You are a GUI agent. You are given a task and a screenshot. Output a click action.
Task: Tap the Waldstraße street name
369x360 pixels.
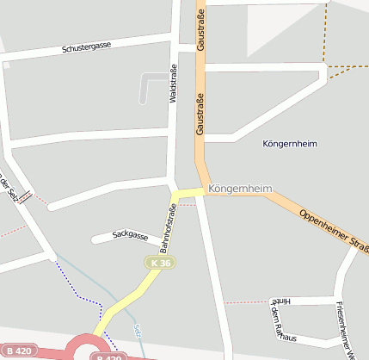(174, 84)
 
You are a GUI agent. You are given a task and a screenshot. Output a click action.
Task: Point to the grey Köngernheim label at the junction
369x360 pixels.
(241, 188)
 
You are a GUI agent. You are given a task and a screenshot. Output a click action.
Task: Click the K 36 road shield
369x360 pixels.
(159, 262)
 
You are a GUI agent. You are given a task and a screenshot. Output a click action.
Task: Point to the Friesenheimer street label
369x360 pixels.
(346, 329)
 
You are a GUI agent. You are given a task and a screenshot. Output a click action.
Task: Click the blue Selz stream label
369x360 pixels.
(138, 332)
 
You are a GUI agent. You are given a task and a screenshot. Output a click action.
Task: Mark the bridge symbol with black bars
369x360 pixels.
(26, 196)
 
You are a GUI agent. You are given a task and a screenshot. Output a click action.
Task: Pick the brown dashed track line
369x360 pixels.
(326, 34)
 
